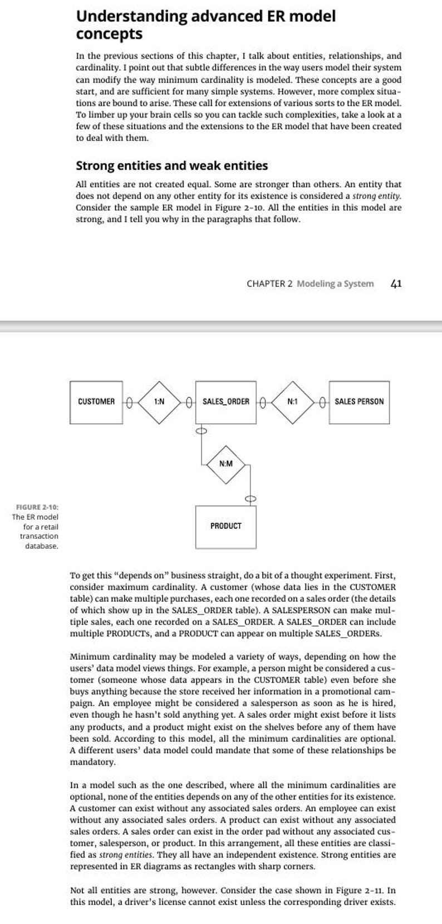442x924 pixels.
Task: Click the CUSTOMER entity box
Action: pos(96,402)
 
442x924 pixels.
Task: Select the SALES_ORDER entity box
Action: pos(225,402)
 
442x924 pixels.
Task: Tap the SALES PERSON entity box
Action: pos(359,402)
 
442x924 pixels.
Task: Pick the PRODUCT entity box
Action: pos(225,526)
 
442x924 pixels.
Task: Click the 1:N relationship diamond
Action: pos(159,401)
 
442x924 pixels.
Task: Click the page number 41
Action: pos(396,284)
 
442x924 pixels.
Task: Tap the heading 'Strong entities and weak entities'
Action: pos(171,166)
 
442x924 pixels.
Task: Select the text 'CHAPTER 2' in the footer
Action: pos(269,284)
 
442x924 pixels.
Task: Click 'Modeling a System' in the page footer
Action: pos(335,284)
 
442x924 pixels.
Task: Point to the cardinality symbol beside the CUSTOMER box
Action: pos(129,401)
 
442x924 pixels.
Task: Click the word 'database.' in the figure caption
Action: pos(42,546)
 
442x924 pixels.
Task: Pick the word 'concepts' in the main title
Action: pos(109,34)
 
